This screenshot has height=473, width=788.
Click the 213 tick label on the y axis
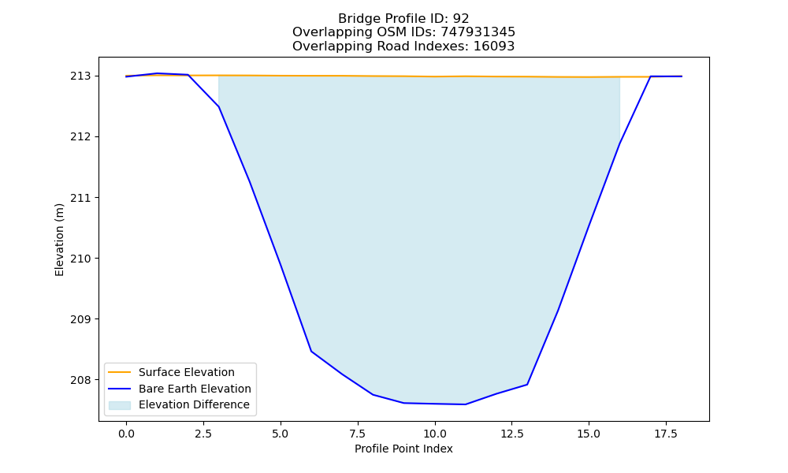(81, 76)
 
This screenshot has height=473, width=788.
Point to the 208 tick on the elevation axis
(81, 380)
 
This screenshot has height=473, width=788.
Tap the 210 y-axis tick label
(81, 259)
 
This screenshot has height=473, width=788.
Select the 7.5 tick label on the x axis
(358, 434)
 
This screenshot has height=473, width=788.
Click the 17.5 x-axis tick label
(666, 434)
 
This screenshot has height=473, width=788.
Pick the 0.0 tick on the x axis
(126, 434)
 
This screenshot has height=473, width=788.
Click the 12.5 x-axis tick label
(512, 434)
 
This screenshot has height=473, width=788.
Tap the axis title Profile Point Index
(403, 449)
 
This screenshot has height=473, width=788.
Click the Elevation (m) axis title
(59, 240)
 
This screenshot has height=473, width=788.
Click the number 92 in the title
(461, 19)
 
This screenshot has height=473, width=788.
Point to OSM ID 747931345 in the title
(478, 32)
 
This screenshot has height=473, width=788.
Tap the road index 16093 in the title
(494, 47)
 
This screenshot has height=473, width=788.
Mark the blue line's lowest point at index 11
(466, 404)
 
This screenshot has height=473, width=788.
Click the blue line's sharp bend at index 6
(311, 351)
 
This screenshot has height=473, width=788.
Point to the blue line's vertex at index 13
(527, 385)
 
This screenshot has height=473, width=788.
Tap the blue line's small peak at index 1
(158, 73)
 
